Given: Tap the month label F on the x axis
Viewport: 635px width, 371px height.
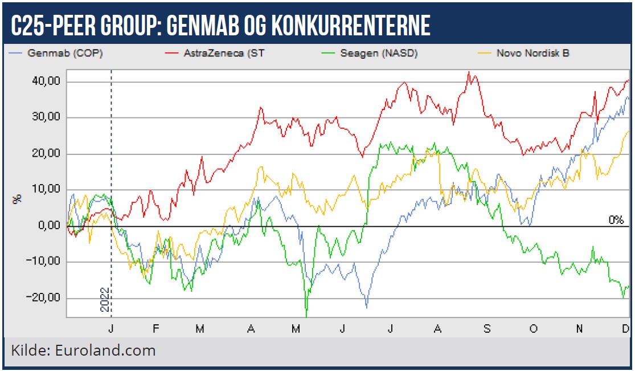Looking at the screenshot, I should click(x=155, y=328).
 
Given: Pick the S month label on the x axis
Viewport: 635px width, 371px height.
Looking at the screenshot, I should click(x=486, y=328).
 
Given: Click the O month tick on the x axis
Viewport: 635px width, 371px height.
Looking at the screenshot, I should click(x=533, y=328).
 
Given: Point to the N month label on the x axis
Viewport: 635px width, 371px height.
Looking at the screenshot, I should click(x=579, y=328).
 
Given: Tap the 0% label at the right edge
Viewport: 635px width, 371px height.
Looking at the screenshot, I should click(x=616, y=220).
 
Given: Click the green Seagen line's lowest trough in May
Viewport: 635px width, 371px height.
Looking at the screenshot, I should click(x=306, y=315).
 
